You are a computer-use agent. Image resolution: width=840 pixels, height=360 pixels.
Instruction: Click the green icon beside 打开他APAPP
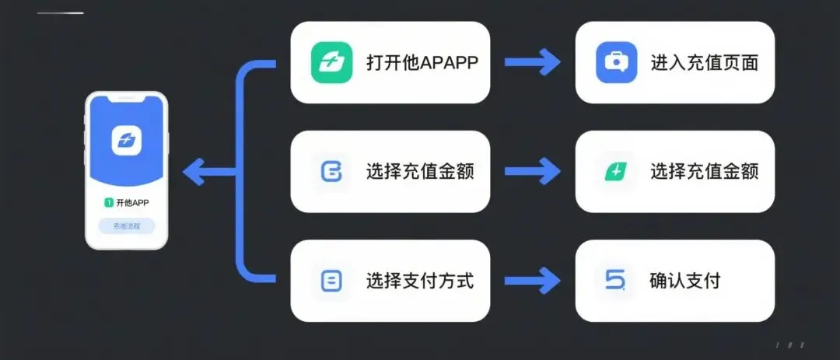pyautogui.click(x=331, y=62)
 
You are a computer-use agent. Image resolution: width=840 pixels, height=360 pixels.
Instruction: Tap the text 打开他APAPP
pyautogui.click(x=422, y=63)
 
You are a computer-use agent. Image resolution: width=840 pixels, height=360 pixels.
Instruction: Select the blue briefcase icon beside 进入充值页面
pyautogui.click(x=617, y=62)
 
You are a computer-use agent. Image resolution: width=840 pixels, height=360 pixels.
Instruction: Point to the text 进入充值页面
pyautogui.click(x=704, y=63)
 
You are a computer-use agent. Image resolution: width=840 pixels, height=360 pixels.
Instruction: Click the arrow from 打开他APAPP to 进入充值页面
pyautogui.click(x=532, y=62)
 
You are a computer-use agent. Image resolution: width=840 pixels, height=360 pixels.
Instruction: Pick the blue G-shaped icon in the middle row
pyautogui.click(x=331, y=172)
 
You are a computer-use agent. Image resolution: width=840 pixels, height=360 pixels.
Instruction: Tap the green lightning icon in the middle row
pyautogui.click(x=616, y=172)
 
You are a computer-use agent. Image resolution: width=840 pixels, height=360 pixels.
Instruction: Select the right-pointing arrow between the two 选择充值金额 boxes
pyautogui.click(x=532, y=171)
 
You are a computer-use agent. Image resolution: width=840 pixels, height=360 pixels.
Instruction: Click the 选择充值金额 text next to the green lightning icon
pyautogui.click(x=704, y=172)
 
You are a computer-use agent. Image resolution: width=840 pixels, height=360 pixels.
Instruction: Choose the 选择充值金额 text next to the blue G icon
pyautogui.click(x=419, y=172)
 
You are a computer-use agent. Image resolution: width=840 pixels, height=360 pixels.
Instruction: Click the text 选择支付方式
pyautogui.click(x=419, y=281)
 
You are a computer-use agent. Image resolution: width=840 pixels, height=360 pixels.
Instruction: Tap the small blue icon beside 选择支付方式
pyautogui.click(x=331, y=281)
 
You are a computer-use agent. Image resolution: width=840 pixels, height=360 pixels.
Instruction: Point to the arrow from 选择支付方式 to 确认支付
pyautogui.click(x=532, y=280)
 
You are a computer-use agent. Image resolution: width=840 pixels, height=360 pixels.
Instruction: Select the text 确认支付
pyautogui.click(x=684, y=281)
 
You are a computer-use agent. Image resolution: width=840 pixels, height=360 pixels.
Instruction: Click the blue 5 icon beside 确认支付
pyautogui.click(x=615, y=280)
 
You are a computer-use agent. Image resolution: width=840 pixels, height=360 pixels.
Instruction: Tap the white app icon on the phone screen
pyautogui.click(x=126, y=140)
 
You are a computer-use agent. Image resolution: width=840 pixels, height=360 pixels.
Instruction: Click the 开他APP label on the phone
pyautogui.click(x=132, y=203)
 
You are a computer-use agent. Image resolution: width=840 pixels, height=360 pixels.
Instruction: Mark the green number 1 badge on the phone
pyautogui.click(x=108, y=203)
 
